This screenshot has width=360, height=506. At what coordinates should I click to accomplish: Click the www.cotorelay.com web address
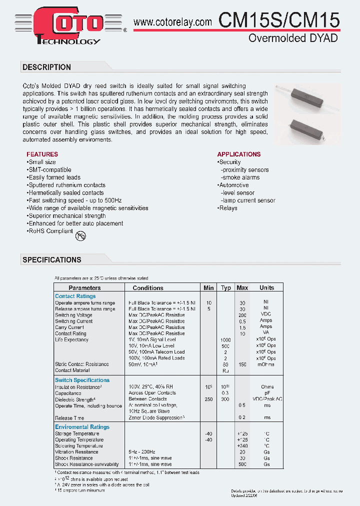pyautogui.click(x=173, y=22)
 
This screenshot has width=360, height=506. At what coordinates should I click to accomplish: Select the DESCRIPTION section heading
pyautogui.click(x=47, y=67)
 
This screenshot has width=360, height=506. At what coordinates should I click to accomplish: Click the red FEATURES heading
pyautogui.click(x=42, y=154)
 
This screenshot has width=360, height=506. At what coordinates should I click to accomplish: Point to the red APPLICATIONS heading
pyautogui.click(x=238, y=154)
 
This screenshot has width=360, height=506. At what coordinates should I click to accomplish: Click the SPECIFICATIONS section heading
pyautogui.click(x=52, y=260)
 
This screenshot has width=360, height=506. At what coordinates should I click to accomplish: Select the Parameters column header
pyautogui.click(x=84, y=288)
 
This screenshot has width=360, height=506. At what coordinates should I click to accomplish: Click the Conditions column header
pyautogui.click(x=148, y=288)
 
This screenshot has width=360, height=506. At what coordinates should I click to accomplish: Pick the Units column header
pyautogui.click(x=266, y=288)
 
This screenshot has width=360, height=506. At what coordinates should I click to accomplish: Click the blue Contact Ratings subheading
pyautogui.click(x=75, y=296)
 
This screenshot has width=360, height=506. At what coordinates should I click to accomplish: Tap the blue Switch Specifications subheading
pyautogui.click(x=82, y=380)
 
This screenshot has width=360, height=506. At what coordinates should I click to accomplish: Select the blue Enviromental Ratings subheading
pyautogui.click(x=82, y=427)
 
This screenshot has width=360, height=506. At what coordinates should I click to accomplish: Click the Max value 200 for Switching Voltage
pyautogui.click(x=242, y=315)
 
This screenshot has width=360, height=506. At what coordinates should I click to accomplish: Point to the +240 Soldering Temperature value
pyautogui.click(x=242, y=445)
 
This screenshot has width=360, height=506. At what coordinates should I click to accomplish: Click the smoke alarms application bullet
pyautogui.click(x=241, y=177)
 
